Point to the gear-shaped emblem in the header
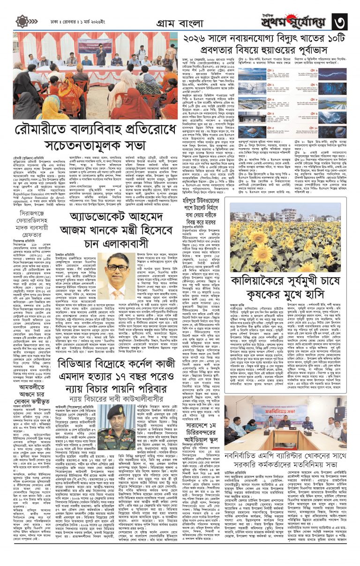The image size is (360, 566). tap(22, 21)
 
